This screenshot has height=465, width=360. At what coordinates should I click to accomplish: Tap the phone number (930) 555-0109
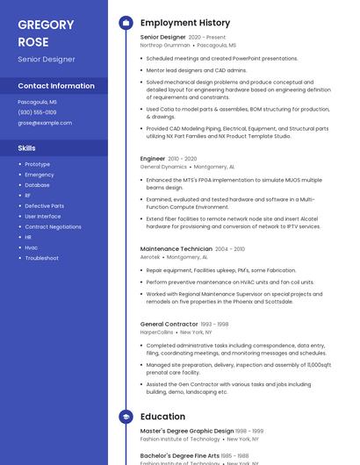point(37,112)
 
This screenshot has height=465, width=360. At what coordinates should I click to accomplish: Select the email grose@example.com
point(45,123)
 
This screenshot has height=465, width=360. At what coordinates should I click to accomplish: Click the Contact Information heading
point(56,86)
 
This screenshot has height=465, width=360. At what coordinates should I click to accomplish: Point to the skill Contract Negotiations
point(53,226)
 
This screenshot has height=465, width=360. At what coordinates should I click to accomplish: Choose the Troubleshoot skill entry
point(41,258)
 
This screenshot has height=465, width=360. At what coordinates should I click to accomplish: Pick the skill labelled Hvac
point(32,247)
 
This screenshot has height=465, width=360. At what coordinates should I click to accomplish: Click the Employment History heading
point(184,23)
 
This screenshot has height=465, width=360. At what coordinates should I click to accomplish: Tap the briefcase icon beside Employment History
point(126,23)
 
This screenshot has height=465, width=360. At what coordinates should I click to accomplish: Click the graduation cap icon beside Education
point(126,417)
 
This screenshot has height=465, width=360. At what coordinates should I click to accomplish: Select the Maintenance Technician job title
point(176,249)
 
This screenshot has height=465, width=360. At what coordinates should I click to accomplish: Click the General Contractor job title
point(169,325)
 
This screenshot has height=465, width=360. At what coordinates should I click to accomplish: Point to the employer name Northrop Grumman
point(164,45)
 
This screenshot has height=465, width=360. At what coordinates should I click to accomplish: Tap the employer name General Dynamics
point(163,166)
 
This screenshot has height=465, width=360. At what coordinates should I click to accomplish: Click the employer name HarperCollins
point(157,333)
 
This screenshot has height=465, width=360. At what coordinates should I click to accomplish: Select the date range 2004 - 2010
point(230,249)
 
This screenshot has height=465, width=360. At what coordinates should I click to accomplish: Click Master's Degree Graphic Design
point(187,431)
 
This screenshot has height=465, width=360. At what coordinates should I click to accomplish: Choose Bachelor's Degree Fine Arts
point(180,456)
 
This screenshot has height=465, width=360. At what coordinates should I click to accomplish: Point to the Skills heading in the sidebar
point(26,148)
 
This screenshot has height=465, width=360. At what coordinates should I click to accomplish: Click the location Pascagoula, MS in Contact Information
point(37,102)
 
